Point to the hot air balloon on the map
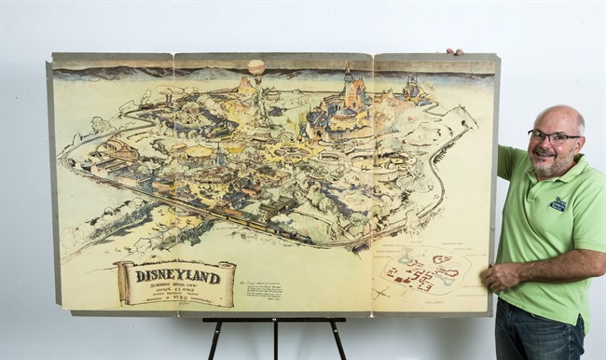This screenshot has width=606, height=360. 256,67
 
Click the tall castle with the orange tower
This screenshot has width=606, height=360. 353,91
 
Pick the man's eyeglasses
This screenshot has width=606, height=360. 553,136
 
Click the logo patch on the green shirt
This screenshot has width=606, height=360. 558,204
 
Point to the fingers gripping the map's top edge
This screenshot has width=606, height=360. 454,51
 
